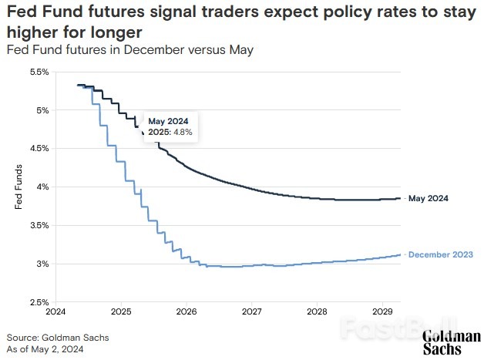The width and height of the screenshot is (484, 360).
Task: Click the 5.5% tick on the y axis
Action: [x=39, y=72]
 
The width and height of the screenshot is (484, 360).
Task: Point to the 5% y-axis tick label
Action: [x=42, y=110]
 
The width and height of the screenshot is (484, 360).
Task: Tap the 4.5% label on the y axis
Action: [x=39, y=148]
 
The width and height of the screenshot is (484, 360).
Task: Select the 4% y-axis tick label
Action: [x=42, y=187]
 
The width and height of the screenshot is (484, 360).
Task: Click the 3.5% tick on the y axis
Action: [x=39, y=225]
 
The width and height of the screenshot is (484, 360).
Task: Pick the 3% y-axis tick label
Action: [x=42, y=264]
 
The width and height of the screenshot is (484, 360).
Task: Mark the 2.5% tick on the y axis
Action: [x=39, y=302]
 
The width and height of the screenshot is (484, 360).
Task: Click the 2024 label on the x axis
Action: [x=56, y=312]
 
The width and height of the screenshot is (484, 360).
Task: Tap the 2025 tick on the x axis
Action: [x=122, y=312]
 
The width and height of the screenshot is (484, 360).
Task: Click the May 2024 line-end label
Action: [x=429, y=198]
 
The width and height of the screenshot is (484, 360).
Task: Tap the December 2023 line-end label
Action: [x=440, y=254]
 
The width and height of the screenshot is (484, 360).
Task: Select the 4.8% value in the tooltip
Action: [x=182, y=133]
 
